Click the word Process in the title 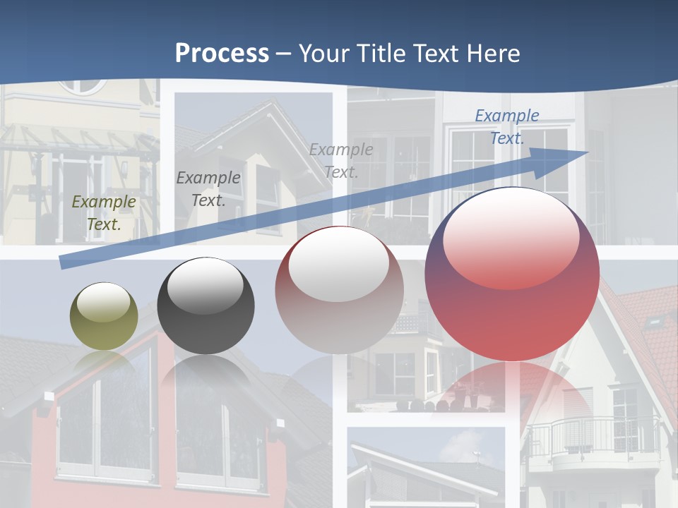pyautogui.click(x=222, y=54)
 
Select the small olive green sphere pyautogui.click(x=104, y=317)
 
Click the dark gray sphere pyautogui.click(x=206, y=306)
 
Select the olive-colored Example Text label pyautogui.click(x=104, y=213)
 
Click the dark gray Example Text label pyautogui.click(x=208, y=189)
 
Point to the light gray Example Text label pyautogui.click(x=341, y=160)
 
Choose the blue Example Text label pyautogui.click(x=507, y=127)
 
